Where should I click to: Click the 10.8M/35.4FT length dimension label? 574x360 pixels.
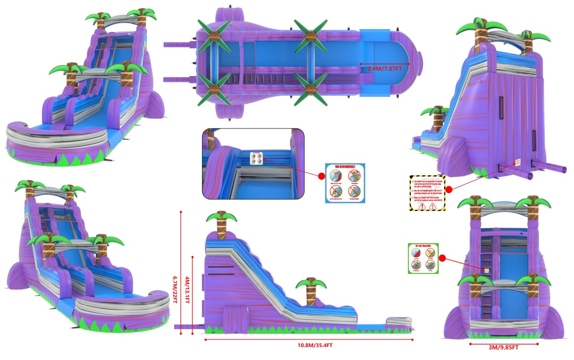click(x=309, y=346)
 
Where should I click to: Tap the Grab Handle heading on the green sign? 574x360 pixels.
click(x=423, y=247)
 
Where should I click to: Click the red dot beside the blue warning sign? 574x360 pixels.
click(x=321, y=177)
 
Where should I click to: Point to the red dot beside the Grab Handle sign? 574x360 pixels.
click(x=442, y=259)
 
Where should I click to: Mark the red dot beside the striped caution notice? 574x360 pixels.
click(x=448, y=190)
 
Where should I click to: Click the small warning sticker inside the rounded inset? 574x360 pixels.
click(x=256, y=158)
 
